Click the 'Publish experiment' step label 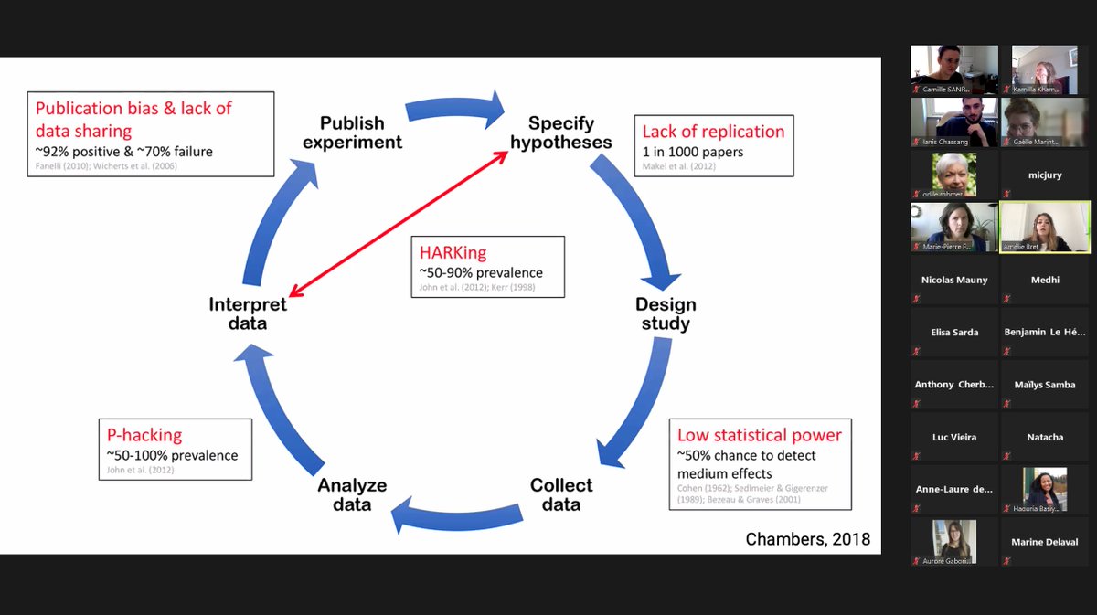352,133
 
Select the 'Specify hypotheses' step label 560,133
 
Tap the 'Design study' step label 666,313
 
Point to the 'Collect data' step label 561,494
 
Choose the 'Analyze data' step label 352,494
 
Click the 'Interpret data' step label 248,313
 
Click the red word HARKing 453,252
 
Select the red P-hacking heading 144,435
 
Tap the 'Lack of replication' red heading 713,132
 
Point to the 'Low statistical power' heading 759,435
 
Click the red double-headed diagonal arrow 399,225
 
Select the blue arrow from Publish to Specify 454,110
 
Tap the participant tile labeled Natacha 1045,437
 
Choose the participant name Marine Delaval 1045,542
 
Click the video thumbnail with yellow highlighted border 1045,227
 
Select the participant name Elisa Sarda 953,333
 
